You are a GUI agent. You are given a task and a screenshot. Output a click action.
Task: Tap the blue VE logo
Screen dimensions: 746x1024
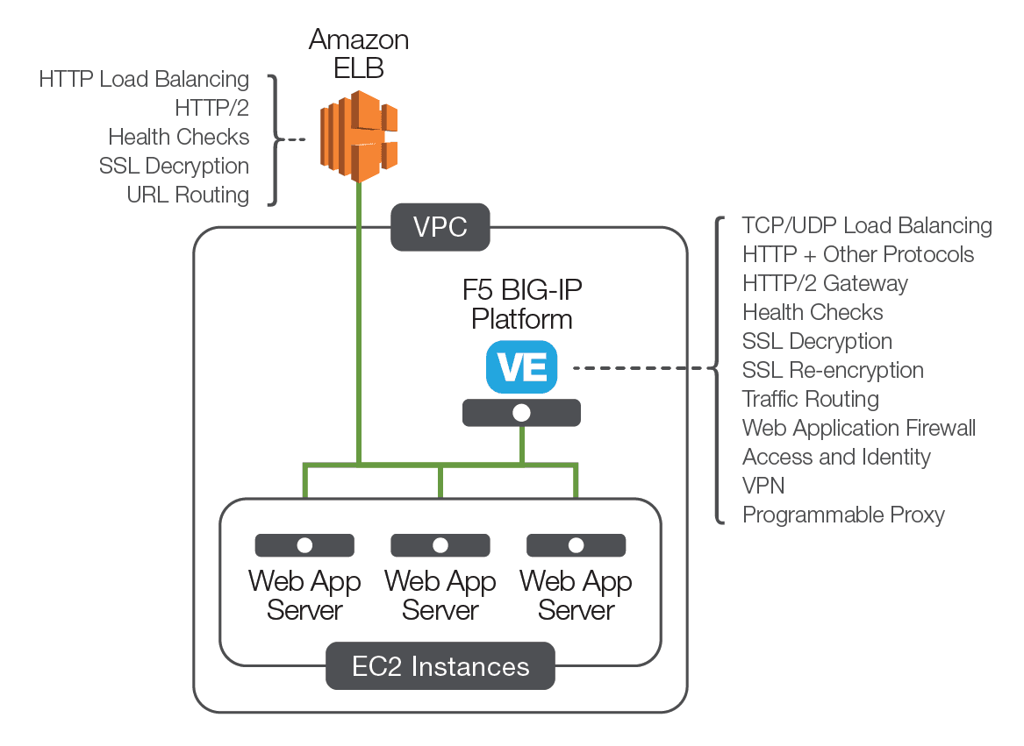pyautogui.click(x=522, y=366)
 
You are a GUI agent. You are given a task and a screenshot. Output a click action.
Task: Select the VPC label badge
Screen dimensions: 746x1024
pyautogui.click(x=440, y=228)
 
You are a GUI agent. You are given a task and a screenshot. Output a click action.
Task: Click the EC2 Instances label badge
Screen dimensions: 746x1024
pyautogui.click(x=440, y=666)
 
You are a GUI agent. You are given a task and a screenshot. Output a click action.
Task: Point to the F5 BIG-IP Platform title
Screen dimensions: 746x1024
pyautogui.click(x=522, y=303)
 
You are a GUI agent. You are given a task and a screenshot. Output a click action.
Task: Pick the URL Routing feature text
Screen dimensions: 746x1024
pyautogui.click(x=188, y=195)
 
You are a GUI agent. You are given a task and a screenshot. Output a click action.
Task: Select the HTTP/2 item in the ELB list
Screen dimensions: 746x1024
pyautogui.click(x=211, y=108)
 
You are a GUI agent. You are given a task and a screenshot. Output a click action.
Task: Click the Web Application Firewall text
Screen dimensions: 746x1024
pyautogui.click(x=858, y=428)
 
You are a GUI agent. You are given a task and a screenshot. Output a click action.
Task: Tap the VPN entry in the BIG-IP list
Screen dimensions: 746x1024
pyautogui.click(x=763, y=486)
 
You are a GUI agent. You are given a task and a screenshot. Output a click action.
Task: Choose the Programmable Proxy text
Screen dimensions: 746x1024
pyautogui.click(x=842, y=515)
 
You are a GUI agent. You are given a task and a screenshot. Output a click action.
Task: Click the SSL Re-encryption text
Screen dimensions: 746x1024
pyautogui.click(x=833, y=370)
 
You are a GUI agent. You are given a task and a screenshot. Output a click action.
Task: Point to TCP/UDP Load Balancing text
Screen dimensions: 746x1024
pyautogui.click(x=867, y=225)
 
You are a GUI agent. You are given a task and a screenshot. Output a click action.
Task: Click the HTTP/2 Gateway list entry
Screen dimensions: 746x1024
pyautogui.click(x=825, y=283)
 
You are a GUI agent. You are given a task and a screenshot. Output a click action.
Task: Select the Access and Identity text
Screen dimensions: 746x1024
pyautogui.click(x=836, y=457)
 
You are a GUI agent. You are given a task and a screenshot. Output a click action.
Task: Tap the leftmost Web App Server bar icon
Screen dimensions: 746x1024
pyautogui.click(x=304, y=545)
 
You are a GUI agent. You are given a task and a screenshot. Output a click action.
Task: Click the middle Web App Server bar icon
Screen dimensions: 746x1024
pyautogui.click(x=440, y=545)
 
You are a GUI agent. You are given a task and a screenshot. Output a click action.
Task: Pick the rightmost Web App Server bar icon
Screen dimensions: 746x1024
pyautogui.click(x=576, y=545)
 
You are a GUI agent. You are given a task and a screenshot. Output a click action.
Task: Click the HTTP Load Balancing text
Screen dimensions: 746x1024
pyautogui.click(x=144, y=79)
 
